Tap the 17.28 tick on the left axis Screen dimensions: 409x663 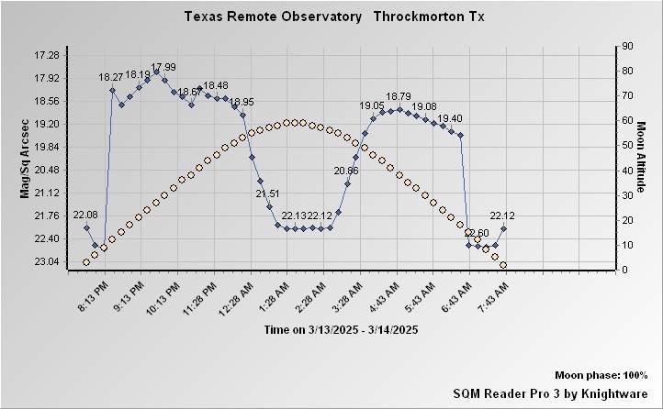45,56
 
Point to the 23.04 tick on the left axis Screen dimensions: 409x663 45,262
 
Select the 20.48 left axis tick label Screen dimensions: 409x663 45,171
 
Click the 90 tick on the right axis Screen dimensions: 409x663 627,46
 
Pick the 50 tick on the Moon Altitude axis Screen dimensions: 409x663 627,145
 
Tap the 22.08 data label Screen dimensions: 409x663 85,215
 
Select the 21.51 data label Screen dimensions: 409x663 267,193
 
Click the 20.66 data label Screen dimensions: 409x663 346,171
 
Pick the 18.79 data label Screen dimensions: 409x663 399,96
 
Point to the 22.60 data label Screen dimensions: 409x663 476,233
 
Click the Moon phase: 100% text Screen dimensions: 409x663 601,376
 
